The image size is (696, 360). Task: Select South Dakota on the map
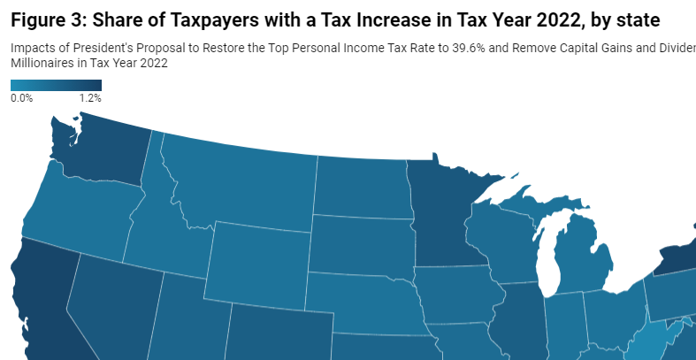click(361, 243)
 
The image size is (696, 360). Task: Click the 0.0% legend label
click(22, 98)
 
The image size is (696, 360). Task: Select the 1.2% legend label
click(90, 98)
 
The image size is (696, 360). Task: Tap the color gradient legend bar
click(56, 86)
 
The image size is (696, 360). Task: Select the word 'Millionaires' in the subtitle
click(41, 64)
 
